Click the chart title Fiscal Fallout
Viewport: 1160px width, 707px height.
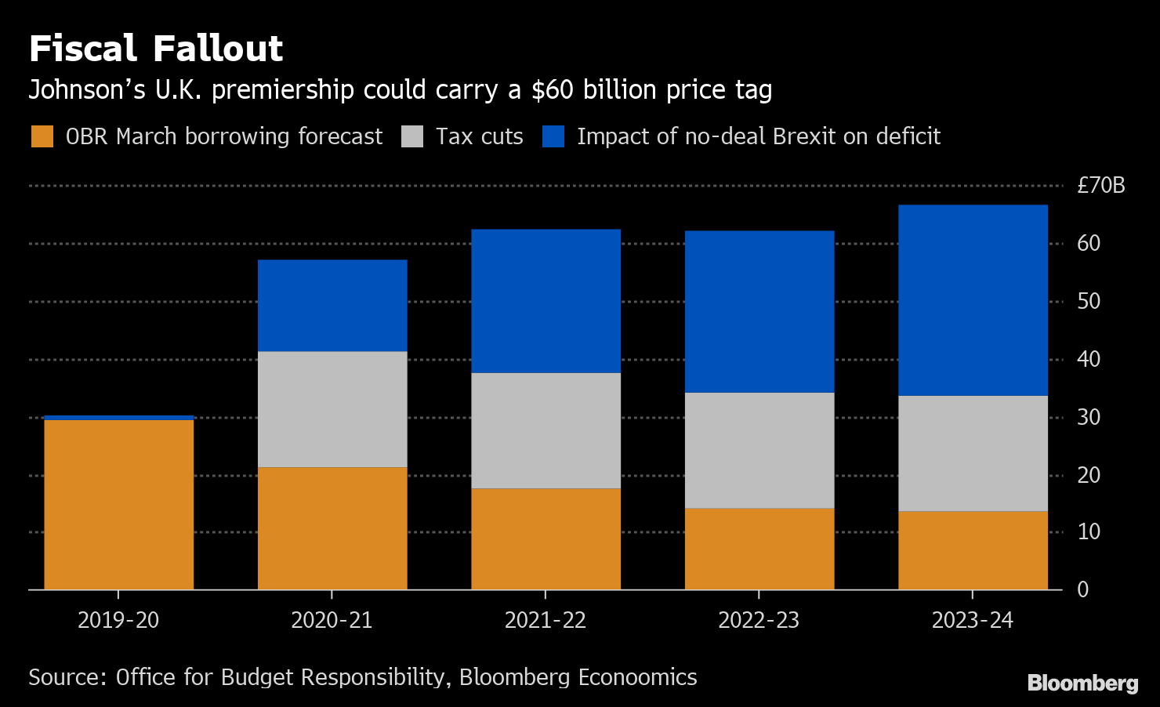155,49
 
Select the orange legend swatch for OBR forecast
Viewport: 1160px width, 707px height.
42,136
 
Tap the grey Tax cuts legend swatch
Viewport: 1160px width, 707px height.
412,136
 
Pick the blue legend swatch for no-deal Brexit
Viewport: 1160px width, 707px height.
553,136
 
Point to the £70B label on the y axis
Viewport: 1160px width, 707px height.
1100,186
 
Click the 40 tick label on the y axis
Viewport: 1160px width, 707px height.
1089,359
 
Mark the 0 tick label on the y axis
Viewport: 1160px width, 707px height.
1083,589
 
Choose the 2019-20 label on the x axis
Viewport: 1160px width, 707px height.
118,621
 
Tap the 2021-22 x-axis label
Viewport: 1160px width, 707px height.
546,621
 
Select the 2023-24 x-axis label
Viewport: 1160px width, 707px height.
972,621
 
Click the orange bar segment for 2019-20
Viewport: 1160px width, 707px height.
118,505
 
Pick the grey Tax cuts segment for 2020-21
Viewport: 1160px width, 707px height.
332,409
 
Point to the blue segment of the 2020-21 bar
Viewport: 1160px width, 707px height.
332,306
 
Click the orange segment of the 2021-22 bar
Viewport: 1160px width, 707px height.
546,539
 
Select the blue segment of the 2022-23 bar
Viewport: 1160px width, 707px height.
759,311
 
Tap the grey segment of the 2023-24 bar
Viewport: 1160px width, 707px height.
973,453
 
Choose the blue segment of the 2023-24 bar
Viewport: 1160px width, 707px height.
973,300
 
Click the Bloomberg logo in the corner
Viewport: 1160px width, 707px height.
1082,683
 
